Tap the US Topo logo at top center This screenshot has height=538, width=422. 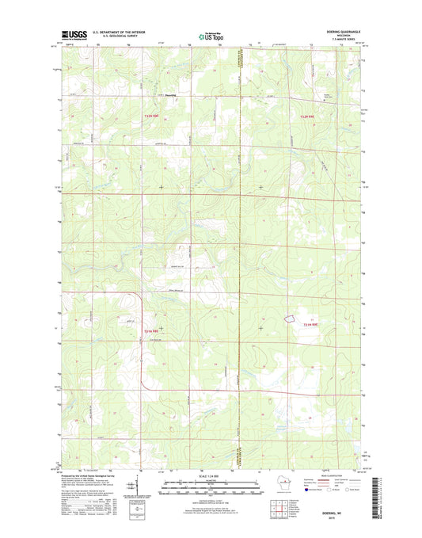point(210,35)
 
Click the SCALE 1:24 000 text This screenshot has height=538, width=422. point(210,476)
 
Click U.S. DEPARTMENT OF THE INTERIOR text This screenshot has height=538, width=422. point(119,32)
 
